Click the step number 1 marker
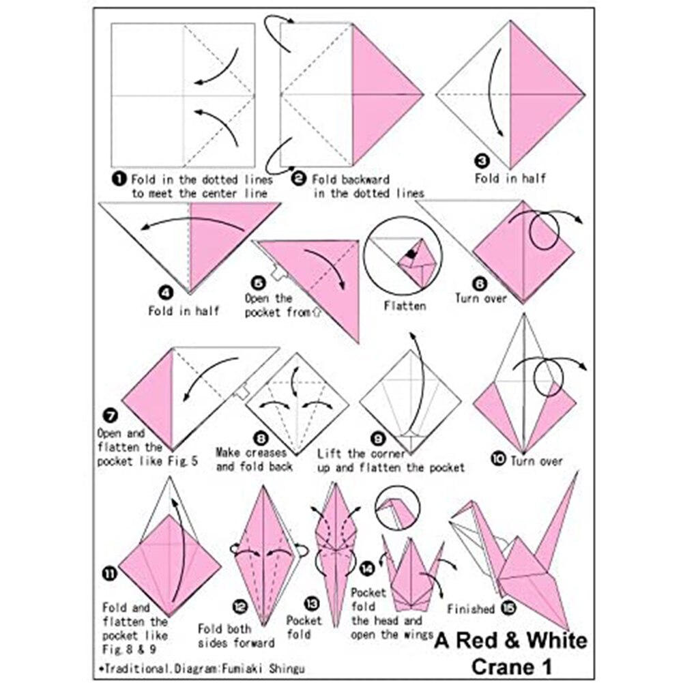click(119, 179)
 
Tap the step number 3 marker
click(483, 162)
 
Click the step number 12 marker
click(239, 605)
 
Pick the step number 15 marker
click(506, 607)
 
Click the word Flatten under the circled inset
click(405, 306)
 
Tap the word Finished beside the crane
click(471, 609)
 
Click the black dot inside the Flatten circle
click(410, 254)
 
